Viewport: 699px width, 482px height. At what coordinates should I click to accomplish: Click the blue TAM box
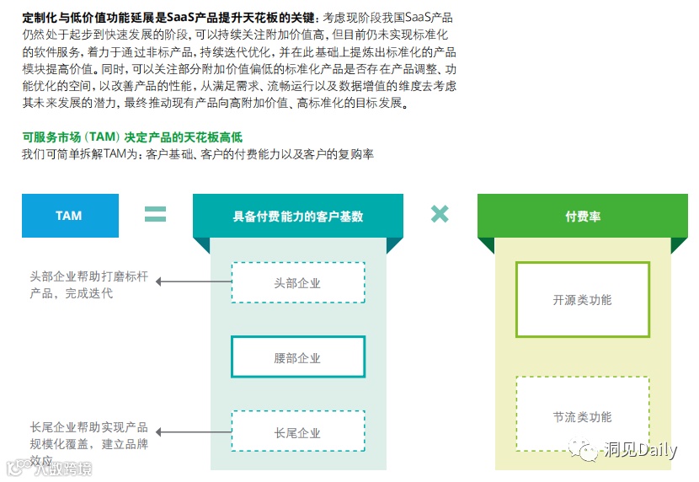70,216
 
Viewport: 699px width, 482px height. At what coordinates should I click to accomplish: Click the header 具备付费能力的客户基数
298,216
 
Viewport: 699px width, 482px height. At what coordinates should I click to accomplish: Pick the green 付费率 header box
583,217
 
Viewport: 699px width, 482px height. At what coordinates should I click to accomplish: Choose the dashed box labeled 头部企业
297,283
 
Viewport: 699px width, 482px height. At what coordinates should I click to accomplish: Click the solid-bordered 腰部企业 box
297,357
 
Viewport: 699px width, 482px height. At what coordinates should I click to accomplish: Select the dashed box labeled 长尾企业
297,432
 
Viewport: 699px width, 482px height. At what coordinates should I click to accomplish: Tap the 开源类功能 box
583,300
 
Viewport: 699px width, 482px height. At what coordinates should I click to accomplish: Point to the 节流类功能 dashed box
583,416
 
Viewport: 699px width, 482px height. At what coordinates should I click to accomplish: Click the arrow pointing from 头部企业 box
193,281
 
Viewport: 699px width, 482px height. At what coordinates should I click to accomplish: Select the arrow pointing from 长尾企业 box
193,431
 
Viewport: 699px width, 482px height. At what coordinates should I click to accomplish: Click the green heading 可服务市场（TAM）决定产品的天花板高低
132,137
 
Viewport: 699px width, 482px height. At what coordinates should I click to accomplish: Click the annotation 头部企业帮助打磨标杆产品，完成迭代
89,285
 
